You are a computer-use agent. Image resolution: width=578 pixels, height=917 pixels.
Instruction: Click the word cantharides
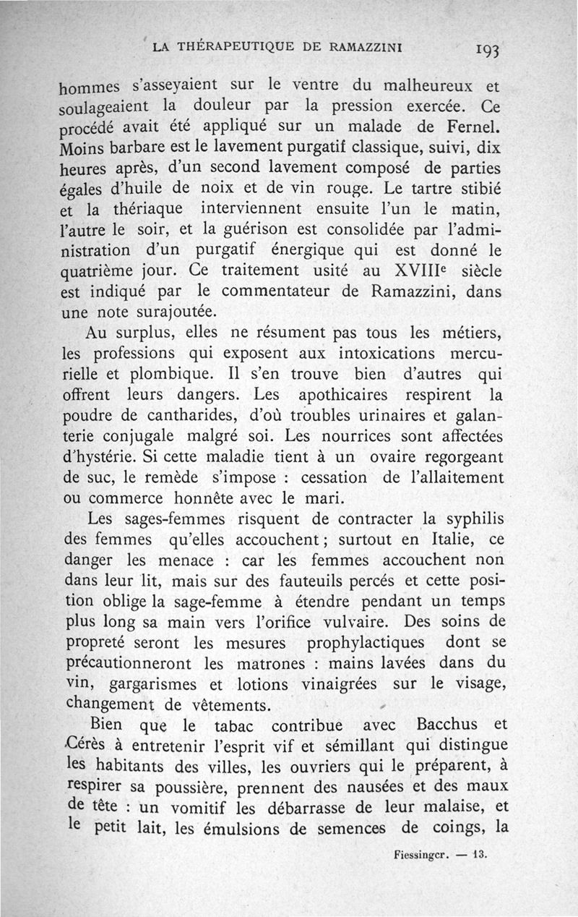click(252, 417)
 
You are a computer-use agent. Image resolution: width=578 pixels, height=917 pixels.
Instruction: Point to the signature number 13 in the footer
click(480, 853)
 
